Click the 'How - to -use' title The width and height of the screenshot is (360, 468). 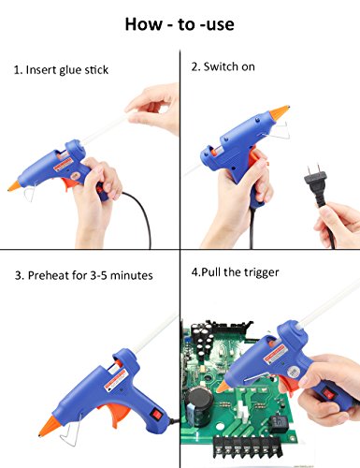[180, 24]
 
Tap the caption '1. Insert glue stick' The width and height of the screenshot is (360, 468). [61, 70]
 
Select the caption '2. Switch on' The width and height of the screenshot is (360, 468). [223, 66]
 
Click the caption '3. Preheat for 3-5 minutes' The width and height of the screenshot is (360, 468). [84, 275]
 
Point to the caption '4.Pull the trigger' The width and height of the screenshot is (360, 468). [235, 272]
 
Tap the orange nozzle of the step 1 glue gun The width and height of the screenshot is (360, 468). [14, 185]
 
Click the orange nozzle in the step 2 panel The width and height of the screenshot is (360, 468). [280, 112]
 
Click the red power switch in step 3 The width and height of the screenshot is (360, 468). [156, 414]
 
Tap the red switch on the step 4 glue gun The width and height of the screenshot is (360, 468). [328, 394]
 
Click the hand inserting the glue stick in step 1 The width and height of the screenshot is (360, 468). [153, 109]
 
